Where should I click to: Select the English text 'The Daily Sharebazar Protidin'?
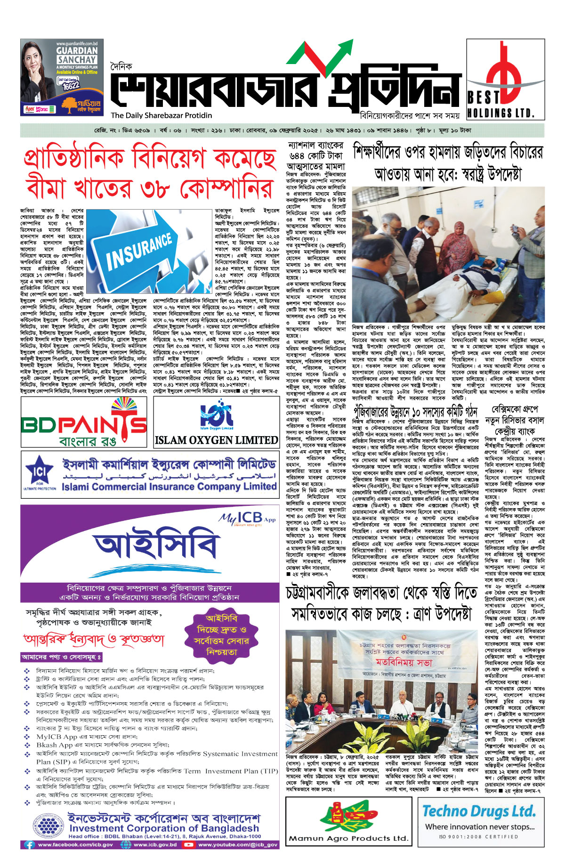pyautogui.click(x=161, y=115)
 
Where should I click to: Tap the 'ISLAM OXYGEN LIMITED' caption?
pyautogui.click(x=217, y=440)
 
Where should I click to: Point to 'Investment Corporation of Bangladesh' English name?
pyautogui.click(x=164, y=828)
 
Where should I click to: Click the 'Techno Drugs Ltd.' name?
pyautogui.click(x=479, y=811)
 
